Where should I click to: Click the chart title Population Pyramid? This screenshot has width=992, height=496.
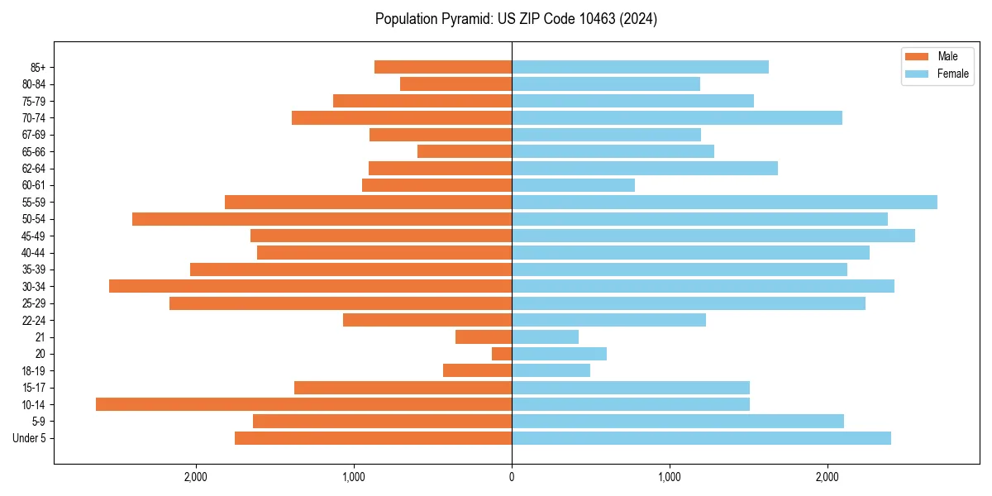point(516,19)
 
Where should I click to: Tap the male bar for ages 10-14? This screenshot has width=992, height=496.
point(303,404)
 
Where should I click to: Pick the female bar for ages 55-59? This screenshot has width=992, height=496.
point(724,202)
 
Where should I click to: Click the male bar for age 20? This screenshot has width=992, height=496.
point(502,354)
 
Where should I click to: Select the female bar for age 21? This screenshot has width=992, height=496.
point(545,336)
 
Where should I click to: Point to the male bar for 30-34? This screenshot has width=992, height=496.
point(310,286)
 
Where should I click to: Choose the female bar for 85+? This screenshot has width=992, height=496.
point(640,67)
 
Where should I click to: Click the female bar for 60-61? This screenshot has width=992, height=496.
point(573,185)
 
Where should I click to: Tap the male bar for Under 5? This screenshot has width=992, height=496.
point(373,438)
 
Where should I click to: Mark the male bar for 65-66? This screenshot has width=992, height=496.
point(465,151)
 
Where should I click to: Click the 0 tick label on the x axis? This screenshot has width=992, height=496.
point(512,478)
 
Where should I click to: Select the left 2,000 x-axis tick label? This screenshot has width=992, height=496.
point(196,478)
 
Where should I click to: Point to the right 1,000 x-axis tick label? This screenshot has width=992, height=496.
point(670,478)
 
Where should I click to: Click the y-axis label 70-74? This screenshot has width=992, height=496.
point(34,118)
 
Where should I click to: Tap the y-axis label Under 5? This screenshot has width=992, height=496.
point(30,438)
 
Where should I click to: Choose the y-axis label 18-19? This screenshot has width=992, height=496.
point(34,371)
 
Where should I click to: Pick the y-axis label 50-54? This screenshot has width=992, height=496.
point(34,219)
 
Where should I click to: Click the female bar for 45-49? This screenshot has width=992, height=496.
point(713,236)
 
